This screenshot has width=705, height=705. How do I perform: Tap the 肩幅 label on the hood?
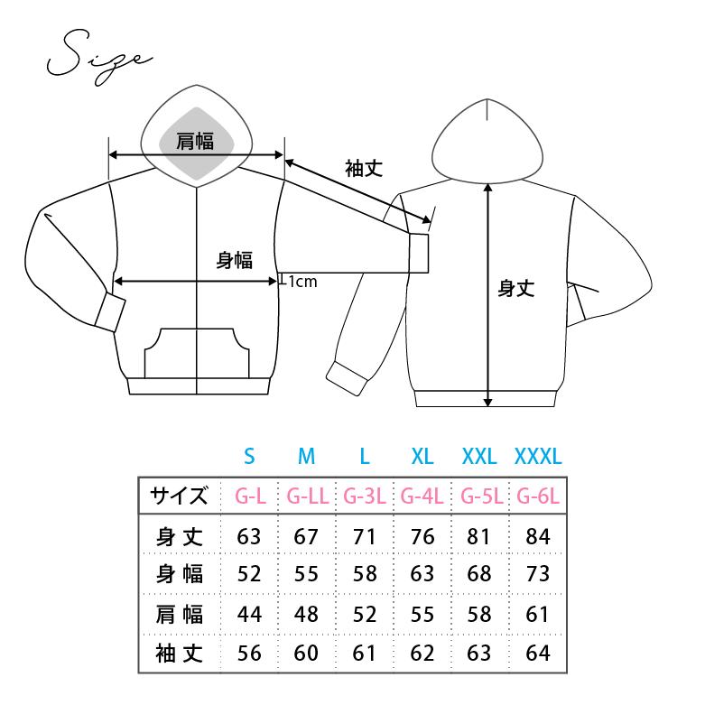[x=195, y=141]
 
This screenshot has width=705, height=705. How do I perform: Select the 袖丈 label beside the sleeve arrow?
[x=364, y=169]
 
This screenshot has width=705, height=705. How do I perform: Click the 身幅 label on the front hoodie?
[x=235, y=260]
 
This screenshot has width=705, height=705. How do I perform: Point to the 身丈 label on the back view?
[x=516, y=288]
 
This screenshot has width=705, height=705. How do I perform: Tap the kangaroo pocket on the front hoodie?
[x=197, y=353]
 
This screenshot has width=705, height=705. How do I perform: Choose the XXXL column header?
[x=538, y=457]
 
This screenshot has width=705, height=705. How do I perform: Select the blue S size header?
[x=249, y=457]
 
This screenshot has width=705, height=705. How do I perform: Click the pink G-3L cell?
[x=365, y=496]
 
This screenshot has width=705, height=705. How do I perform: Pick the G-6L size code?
[x=538, y=496]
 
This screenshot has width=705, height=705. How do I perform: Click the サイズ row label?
[x=179, y=496]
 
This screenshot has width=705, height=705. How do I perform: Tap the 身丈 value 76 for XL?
[x=422, y=537]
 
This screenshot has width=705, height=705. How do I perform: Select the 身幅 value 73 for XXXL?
[x=538, y=574]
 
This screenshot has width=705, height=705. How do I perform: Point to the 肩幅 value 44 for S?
[x=249, y=615]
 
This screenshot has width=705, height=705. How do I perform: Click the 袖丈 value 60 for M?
[x=306, y=654]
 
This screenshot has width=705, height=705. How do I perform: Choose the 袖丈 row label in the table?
[x=180, y=654]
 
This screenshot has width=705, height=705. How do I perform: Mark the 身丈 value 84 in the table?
[x=538, y=537]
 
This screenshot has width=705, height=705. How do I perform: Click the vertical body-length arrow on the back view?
[x=488, y=295]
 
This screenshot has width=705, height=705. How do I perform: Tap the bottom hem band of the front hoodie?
[x=199, y=386]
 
